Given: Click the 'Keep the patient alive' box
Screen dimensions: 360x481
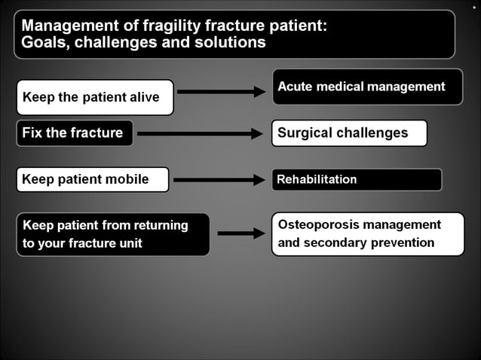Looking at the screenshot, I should coord(95,97).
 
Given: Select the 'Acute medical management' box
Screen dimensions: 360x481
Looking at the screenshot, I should coord(366,87).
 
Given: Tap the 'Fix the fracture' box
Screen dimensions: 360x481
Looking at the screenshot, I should coord(75,133).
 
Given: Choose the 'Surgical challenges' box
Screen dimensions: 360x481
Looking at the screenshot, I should coord(349,133).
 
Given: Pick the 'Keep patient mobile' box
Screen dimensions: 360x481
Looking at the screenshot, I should coord(92,179).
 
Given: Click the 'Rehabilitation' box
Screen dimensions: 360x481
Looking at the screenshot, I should coord(356,179).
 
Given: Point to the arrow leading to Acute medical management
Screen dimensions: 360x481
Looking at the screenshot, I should coord(221,92).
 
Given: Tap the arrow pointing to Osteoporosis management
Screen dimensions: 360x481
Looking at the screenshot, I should coord(240,233).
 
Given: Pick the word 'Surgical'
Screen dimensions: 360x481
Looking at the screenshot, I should coord(304,133).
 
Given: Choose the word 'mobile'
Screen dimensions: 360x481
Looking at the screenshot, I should coord(128,179).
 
